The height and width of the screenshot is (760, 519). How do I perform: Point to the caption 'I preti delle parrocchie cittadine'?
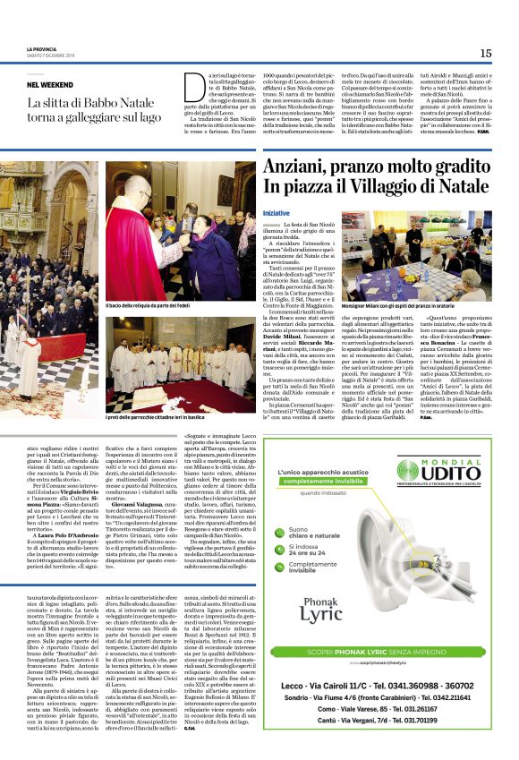pyautogui.click(x=149, y=418)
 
